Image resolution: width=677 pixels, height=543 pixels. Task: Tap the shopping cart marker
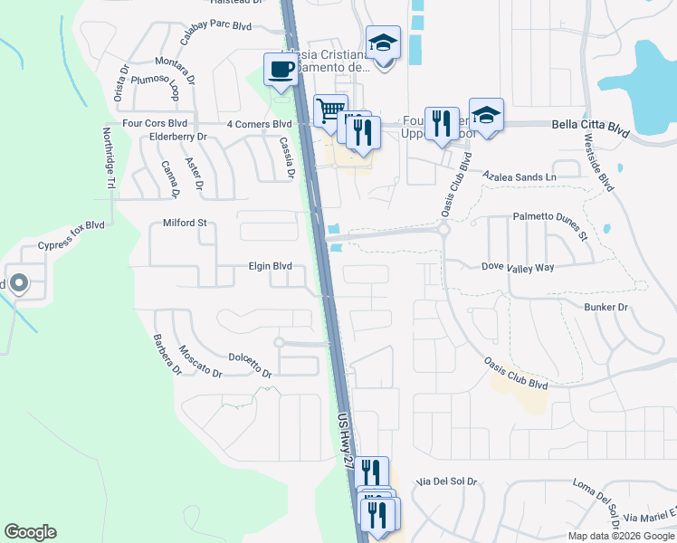[329, 110]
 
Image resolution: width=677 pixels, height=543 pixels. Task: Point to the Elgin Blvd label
[271, 266]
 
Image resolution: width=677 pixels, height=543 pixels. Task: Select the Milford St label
[185, 223]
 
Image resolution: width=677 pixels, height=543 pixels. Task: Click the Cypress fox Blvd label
[72, 234]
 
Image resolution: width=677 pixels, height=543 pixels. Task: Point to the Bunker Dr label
[608, 308]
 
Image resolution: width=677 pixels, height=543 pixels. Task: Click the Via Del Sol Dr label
[446, 481]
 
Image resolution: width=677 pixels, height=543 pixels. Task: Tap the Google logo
[30, 532]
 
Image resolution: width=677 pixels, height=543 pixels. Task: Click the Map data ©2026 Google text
[621, 536]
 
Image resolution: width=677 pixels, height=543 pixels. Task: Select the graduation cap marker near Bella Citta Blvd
[486, 115]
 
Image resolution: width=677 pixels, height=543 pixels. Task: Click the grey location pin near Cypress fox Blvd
[18, 283]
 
